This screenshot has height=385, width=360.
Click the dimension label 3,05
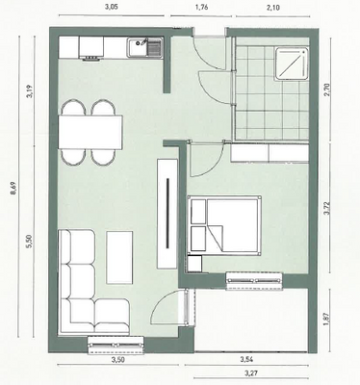pos(112,7)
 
